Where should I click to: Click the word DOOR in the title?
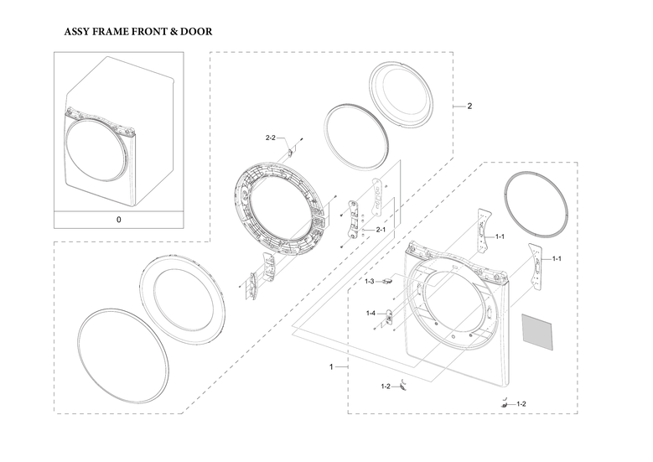coord(196,32)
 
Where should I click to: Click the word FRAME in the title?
coord(111,32)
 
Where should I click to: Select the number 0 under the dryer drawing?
coord(119,220)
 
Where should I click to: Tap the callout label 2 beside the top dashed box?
coord(469,106)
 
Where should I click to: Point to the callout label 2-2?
coord(270,138)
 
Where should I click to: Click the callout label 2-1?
coord(381,230)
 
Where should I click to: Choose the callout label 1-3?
coord(370,282)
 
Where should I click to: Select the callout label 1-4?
coord(371,314)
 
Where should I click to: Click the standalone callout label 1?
coord(331,367)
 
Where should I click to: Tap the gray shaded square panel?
coord(537,331)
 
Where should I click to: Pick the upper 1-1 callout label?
coord(500,236)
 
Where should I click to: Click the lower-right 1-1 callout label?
coord(557,259)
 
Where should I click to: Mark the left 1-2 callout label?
coord(386,387)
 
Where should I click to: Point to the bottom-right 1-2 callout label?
coord(521,404)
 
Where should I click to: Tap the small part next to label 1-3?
coord(388,281)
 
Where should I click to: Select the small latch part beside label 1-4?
coord(389,317)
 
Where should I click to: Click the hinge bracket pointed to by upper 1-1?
coord(484,231)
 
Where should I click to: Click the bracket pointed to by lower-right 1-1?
coord(536,266)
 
